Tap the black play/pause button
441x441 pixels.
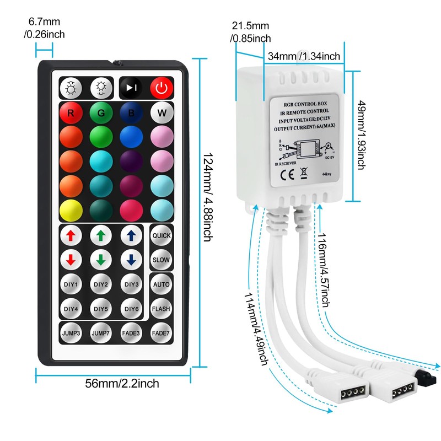pos(131,87)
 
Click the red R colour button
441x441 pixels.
pos(71,113)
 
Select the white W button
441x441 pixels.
pos(162,113)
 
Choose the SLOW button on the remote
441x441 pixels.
pos(162,260)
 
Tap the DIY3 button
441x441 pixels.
pos(131,284)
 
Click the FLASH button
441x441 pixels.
pos(162,309)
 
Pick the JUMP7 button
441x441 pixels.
pos(101,333)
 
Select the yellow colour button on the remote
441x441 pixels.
pos(71,210)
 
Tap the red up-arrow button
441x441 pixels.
pos(71,235)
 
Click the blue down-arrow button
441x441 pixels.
pos(131,260)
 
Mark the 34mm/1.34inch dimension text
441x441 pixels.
pos(304,56)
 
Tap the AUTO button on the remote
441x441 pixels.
pos(162,284)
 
